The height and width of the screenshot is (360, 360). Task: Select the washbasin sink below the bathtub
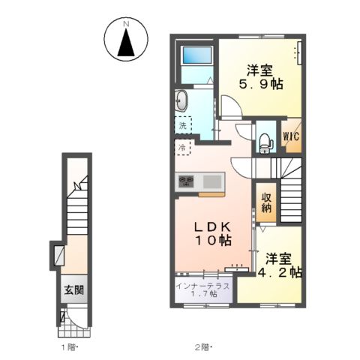pyautogui.click(x=182, y=100)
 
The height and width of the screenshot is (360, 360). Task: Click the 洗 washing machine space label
pyautogui.click(x=182, y=126)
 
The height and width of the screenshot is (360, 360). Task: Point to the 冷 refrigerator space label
pyautogui.click(x=182, y=148)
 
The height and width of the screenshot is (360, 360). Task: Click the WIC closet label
pyautogui.click(x=291, y=136)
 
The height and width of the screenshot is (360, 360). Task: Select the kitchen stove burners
pyautogui.click(x=186, y=181)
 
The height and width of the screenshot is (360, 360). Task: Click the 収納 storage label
pyautogui.click(x=265, y=202)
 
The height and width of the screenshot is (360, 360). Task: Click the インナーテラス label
pyautogui.click(x=203, y=284)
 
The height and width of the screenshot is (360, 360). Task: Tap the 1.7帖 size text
pyautogui.click(x=203, y=294)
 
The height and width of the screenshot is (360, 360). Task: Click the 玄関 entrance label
pyautogui.click(x=73, y=291)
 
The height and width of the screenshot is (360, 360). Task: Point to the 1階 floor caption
pyautogui.click(x=69, y=347)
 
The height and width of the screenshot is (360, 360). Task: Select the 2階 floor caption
pyautogui.click(x=202, y=347)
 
